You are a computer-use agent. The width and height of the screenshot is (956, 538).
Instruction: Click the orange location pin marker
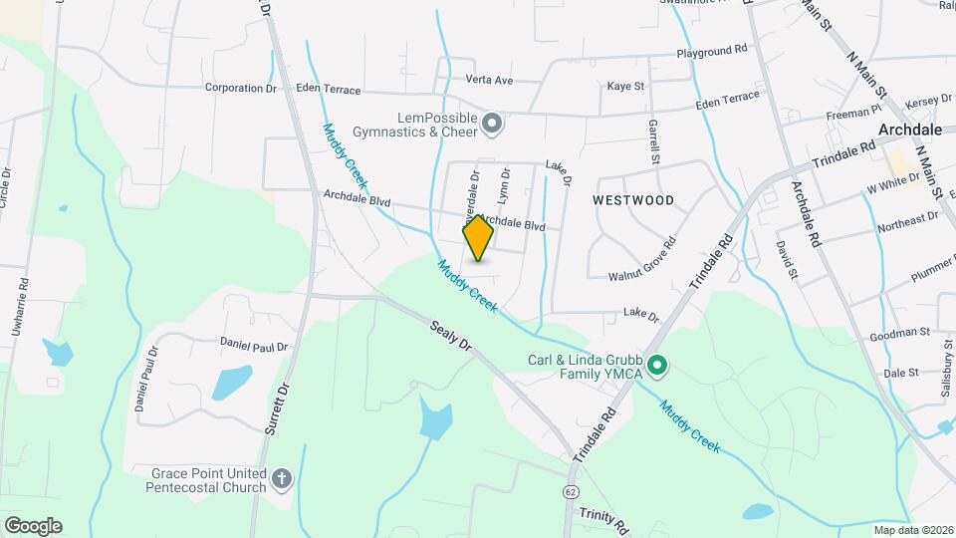478,238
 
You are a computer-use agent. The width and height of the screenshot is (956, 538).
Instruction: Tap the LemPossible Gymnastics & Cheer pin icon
491,125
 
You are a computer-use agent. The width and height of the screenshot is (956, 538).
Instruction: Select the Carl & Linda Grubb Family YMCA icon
656,367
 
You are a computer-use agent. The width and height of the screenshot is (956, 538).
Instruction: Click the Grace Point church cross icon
282,479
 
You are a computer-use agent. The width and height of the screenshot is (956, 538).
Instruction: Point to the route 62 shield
570,492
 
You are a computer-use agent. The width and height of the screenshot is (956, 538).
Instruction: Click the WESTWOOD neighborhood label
632,200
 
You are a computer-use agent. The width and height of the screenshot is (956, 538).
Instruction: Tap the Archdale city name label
910,130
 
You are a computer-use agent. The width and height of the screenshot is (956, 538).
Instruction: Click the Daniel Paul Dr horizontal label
254,345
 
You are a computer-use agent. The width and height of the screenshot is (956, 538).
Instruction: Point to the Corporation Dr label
240,88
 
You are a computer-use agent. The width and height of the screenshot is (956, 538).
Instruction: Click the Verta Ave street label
489,80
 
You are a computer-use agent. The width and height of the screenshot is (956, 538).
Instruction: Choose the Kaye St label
626,88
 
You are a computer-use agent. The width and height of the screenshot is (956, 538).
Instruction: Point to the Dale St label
899,373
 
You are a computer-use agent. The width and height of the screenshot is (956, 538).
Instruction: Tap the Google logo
33,525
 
